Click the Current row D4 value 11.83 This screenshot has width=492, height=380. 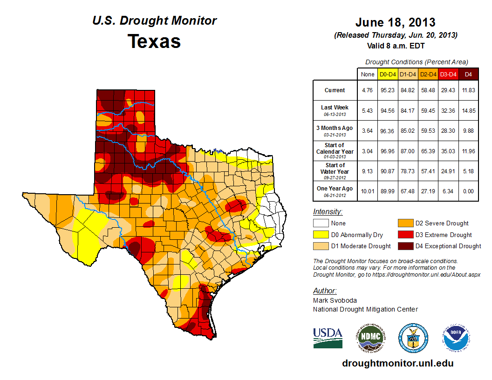click(468, 90)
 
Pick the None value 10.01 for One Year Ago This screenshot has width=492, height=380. click(367, 189)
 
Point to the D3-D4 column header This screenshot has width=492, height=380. click(448, 74)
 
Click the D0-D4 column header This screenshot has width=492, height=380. click(387, 74)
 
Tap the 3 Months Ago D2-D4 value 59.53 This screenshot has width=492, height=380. click(428, 131)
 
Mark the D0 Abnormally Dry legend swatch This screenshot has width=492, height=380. click(321, 235)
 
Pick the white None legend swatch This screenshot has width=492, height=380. click(321, 224)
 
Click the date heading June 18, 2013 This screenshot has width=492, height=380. click(395, 22)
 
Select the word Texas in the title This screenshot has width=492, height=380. click(154, 41)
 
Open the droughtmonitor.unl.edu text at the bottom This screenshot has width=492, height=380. click(397, 363)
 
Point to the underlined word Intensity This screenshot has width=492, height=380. click(328, 212)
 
